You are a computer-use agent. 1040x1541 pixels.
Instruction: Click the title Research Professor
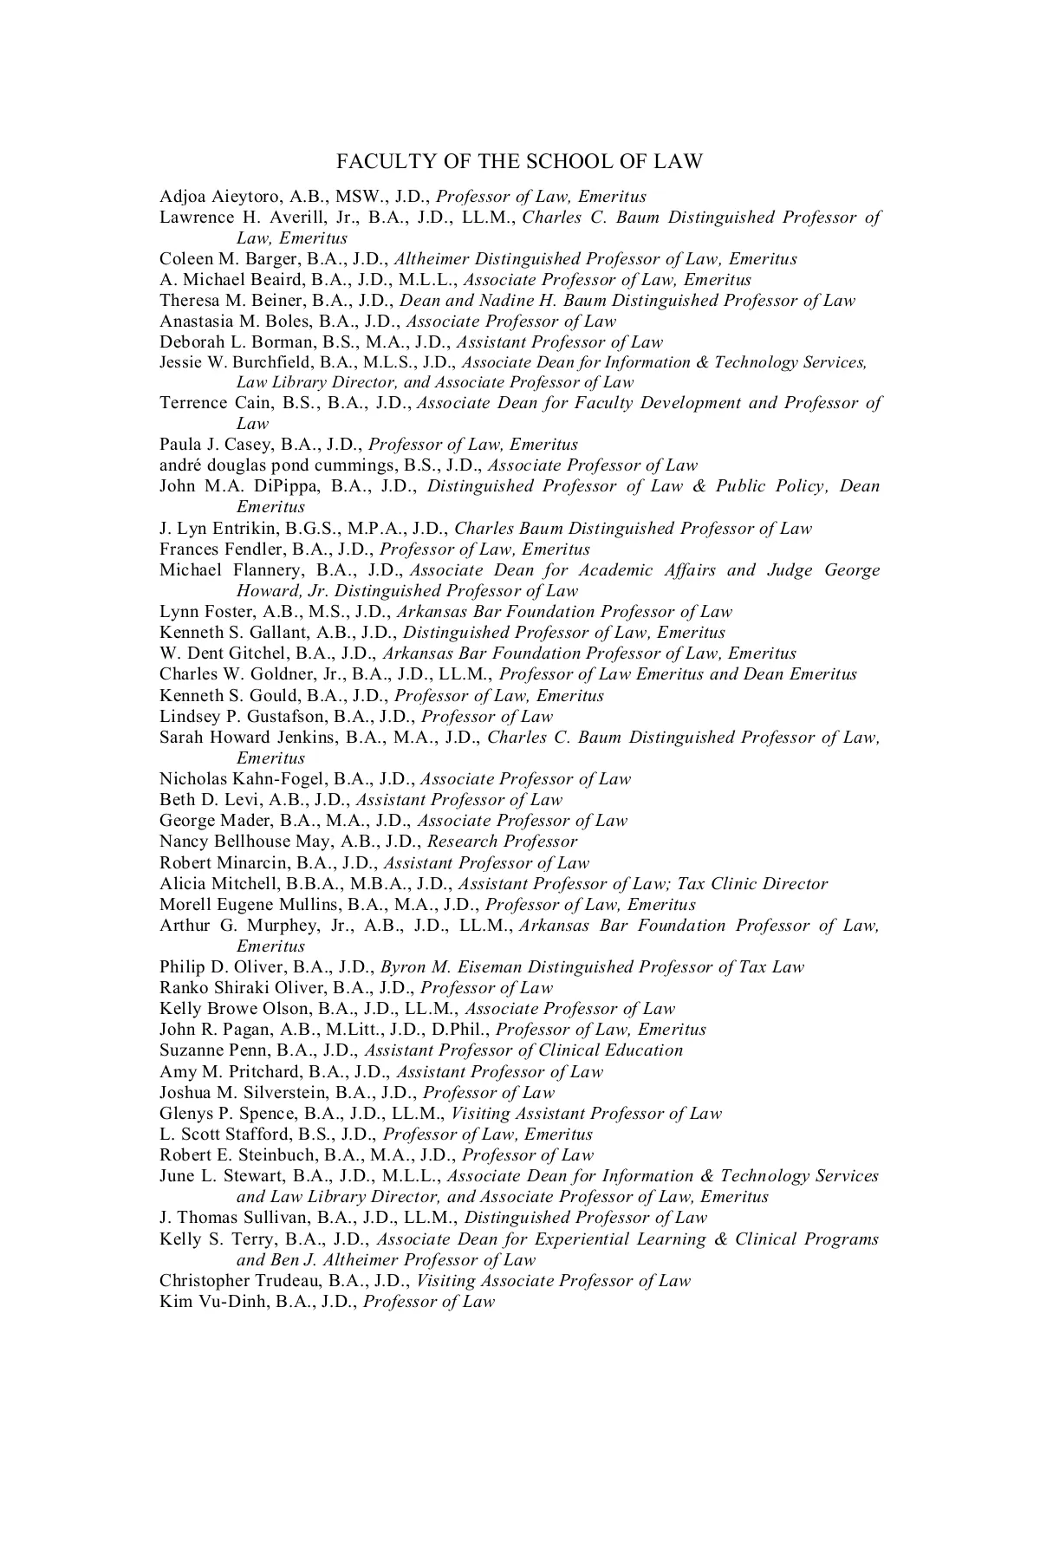tap(503, 842)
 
